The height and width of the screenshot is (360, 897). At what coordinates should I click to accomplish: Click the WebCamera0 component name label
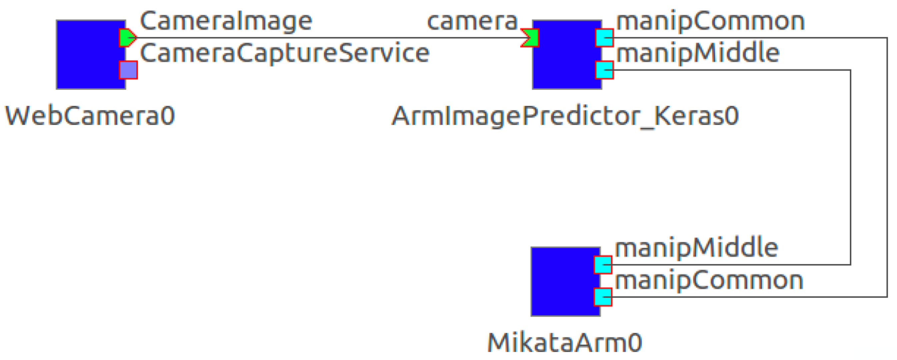[90, 116]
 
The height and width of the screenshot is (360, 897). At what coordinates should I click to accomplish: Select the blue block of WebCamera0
[87, 55]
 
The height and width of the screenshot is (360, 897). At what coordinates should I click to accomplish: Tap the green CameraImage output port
[127, 38]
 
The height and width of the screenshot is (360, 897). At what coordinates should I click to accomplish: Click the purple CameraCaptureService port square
[128, 70]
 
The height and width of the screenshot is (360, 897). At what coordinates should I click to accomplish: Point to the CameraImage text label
[226, 21]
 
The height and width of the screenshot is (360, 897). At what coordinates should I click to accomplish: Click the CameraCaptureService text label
[284, 53]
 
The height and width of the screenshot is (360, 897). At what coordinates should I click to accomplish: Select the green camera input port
[530, 38]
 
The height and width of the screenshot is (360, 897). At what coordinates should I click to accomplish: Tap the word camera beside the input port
[472, 21]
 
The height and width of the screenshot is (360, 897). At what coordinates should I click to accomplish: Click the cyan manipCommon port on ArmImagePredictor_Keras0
[604, 38]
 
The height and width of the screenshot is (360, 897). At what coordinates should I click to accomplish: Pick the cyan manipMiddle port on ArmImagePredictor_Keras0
[604, 70]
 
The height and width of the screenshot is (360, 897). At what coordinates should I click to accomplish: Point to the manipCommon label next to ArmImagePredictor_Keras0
[710, 21]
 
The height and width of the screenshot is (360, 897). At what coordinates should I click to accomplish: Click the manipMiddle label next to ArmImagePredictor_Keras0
[698, 53]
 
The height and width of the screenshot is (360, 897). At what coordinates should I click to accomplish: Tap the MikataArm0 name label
[564, 343]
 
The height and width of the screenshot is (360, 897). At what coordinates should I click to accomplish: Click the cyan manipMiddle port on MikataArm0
[603, 265]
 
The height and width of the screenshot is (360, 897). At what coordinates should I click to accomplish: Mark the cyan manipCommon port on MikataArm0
[603, 297]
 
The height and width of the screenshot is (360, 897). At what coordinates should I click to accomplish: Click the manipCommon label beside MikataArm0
[709, 280]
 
